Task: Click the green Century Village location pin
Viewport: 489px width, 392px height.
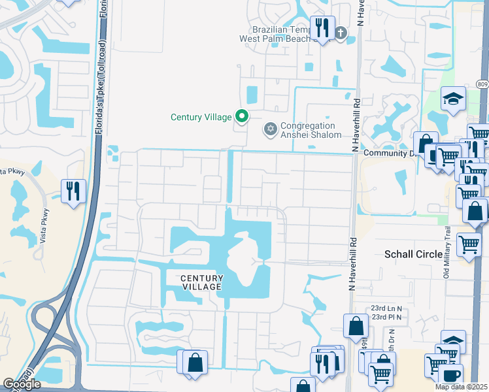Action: pos(242,117)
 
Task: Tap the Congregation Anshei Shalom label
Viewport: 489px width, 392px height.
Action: pos(311,130)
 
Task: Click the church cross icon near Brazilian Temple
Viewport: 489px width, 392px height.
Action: pos(340,33)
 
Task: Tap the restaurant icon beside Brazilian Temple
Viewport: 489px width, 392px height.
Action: pos(322,27)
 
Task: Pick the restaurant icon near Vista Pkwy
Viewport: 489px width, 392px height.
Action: pos(73,191)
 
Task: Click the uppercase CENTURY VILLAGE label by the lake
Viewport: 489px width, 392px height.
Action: pos(201,282)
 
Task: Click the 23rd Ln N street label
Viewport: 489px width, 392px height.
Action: pos(386,308)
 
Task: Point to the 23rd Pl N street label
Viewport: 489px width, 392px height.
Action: pos(386,317)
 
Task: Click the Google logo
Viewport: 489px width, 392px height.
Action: pos(22,384)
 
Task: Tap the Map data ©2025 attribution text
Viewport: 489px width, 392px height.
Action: pos(462,387)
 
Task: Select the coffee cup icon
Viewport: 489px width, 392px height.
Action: pos(449,374)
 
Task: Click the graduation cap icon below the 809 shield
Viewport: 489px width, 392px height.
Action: pos(453,99)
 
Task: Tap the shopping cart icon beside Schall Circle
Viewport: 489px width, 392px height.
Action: pos(469,244)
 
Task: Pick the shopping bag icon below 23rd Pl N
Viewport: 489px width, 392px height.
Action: pos(355,325)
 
